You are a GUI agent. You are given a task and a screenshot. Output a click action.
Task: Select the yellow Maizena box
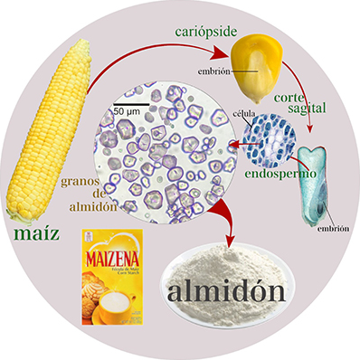click(112, 276)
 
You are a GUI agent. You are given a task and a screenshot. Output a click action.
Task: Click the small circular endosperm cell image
click(270, 135)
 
